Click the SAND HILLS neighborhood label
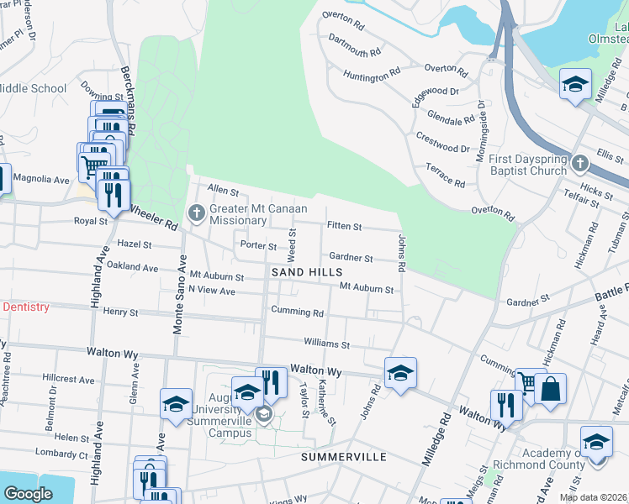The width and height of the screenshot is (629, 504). coord(306,273)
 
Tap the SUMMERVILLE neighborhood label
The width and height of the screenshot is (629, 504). coord(344,457)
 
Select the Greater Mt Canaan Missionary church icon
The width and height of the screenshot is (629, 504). coord(197,212)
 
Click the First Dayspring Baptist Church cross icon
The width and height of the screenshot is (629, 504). coord(579,162)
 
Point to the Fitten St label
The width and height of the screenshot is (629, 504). coord(344,227)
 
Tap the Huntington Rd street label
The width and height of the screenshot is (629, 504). coord(372,76)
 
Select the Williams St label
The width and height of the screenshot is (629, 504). coord(326,344)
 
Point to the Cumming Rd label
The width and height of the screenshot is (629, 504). coord(297,312)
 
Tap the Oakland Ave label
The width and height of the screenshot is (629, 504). coord(133,268)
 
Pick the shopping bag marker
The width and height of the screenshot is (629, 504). coord(552,391)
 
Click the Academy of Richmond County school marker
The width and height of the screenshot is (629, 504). coord(596,443)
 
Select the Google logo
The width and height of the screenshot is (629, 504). coord(28,494)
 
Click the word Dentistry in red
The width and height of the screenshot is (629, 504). coord(27,307)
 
